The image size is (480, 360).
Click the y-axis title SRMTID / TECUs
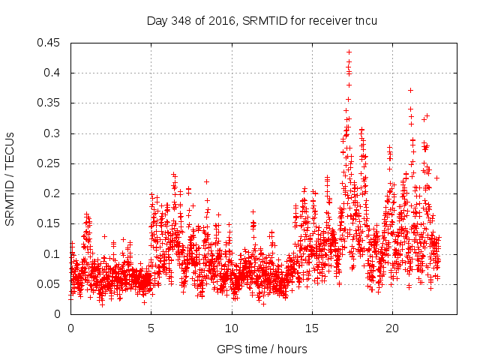point(10,178)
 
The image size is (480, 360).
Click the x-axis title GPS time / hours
point(262,349)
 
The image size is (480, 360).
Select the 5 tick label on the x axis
point(151,328)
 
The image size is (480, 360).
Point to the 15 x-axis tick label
point(311,328)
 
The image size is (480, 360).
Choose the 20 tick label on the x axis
point(391,328)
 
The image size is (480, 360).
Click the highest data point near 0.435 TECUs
point(349,52)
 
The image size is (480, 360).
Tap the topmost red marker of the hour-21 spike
point(410,90)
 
